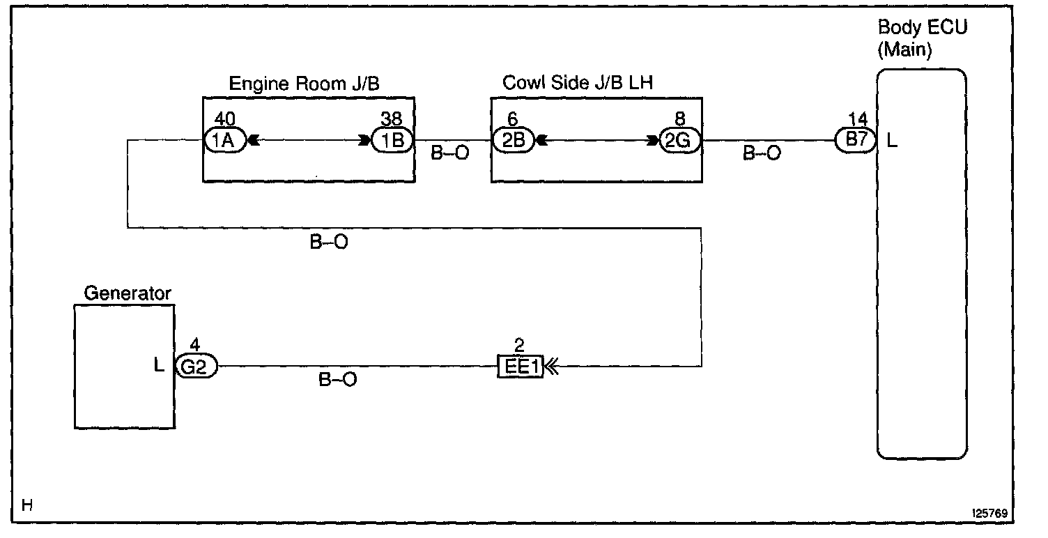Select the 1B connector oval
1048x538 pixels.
tap(392, 141)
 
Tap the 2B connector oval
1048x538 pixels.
tap(513, 141)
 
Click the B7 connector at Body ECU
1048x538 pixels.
tap(855, 140)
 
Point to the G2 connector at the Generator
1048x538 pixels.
tap(196, 367)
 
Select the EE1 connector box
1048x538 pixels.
tap(519, 367)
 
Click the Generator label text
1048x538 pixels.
tap(128, 293)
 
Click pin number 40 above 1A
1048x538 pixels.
tap(226, 118)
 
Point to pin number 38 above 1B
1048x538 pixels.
tap(392, 118)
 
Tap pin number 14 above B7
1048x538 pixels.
tap(856, 118)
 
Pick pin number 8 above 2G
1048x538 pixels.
tap(680, 118)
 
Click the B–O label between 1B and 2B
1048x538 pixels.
tap(450, 153)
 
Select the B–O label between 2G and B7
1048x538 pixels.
tap(762, 153)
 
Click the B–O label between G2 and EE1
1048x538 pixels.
tap(338, 381)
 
